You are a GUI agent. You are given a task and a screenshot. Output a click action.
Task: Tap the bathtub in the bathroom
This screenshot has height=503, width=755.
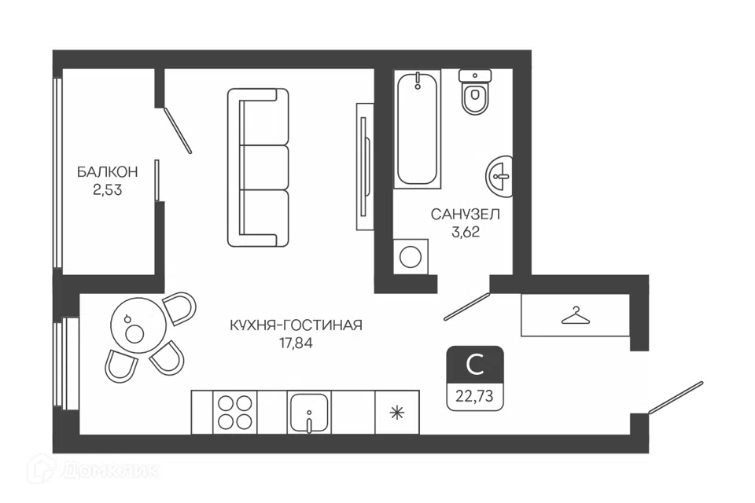(418, 129)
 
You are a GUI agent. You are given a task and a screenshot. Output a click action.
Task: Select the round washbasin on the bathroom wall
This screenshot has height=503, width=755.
(499, 176)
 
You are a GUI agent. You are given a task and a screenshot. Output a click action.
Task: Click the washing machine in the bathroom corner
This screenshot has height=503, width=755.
(411, 256)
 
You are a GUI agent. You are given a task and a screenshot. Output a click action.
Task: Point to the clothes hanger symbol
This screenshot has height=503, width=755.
(576, 316)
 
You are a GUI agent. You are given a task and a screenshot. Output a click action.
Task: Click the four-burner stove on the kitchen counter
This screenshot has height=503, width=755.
(234, 412)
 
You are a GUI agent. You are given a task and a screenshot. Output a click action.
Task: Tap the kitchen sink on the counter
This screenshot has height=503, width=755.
(310, 412)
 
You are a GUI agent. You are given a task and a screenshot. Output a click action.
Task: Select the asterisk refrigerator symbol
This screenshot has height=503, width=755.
(396, 413)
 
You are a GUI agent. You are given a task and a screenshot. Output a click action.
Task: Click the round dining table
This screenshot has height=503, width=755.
(138, 327)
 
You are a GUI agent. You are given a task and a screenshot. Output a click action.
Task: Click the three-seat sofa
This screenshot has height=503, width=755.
(258, 167)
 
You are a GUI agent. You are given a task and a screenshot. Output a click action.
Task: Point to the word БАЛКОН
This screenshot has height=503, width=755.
(108, 172)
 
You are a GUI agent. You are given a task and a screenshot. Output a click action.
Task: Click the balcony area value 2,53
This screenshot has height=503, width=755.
(108, 190)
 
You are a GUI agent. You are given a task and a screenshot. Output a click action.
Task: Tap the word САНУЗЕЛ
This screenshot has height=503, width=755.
(465, 215)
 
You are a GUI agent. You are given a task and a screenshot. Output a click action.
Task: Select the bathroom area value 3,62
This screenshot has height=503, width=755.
(466, 233)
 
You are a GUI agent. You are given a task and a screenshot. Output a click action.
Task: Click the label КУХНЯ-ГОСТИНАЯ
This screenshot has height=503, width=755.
(296, 325)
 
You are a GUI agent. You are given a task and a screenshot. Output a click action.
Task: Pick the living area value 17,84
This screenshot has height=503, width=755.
(296, 343)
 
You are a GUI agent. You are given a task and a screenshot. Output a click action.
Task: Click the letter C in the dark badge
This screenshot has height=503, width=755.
(475, 365)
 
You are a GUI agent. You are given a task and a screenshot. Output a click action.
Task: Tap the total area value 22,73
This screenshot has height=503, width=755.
(475, 396)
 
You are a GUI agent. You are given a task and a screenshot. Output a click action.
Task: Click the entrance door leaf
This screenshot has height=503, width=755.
(676, 398)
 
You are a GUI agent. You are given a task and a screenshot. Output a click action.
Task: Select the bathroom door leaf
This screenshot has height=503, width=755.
(466, 307)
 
